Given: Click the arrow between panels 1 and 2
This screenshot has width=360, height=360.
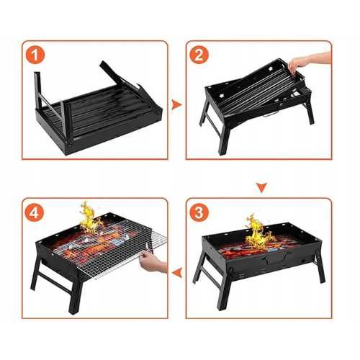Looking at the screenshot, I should tap(176, 105).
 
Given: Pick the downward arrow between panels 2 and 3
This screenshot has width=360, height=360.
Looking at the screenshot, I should tap(261, 188).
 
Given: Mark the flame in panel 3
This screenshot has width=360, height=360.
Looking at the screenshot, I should tap(257, 232).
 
